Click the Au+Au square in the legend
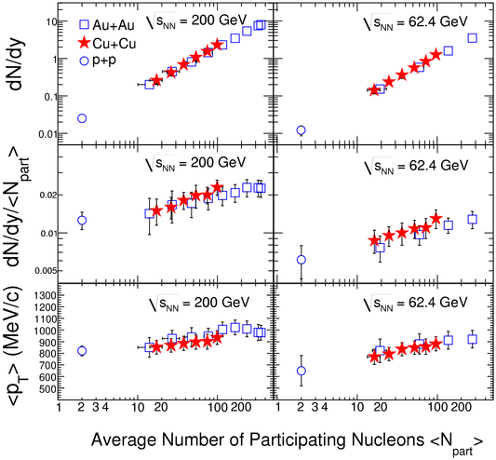click(x=84, y=25)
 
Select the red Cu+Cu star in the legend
click(x=85, y=43)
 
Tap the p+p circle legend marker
click(x=85, y=61)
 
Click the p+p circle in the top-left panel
click(x=82, y=118)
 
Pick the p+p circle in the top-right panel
click(x=302, y=130)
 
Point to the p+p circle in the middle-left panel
click(x=82, y=220)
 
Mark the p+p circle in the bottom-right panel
click(x=302, y=371)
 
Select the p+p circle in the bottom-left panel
click(x=82, y=351)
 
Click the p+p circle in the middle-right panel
click(x=302, y=260)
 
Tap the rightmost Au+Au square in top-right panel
click(x=473, y=38)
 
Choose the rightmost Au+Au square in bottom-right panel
click(x=473, y=339)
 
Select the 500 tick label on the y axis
click(x=47, y=389)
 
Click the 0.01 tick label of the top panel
click(x=47, y=134)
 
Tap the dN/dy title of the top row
click(x=15, y=65)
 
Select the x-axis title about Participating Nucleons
click(x=288, y=442)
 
